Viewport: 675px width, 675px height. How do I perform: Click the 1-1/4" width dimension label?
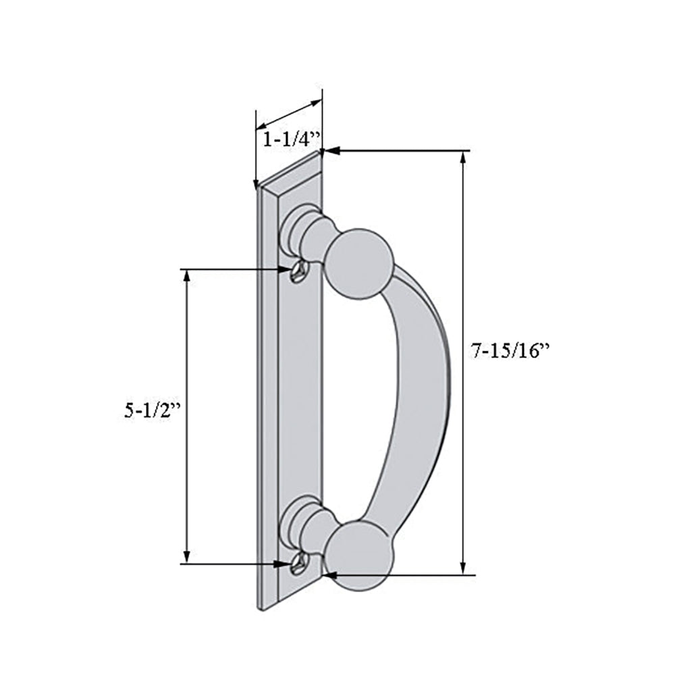pos(290,140)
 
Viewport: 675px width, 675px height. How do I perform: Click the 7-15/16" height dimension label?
pos(511,351)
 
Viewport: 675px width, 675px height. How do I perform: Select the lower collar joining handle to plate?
pos(304,523)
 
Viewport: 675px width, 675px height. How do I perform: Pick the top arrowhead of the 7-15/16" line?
pos(463,157)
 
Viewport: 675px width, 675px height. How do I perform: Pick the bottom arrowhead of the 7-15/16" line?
pos(463,569)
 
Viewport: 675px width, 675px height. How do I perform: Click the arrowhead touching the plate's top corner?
pos(330,151)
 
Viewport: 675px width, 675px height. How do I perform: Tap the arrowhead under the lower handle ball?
pos(328,575)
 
